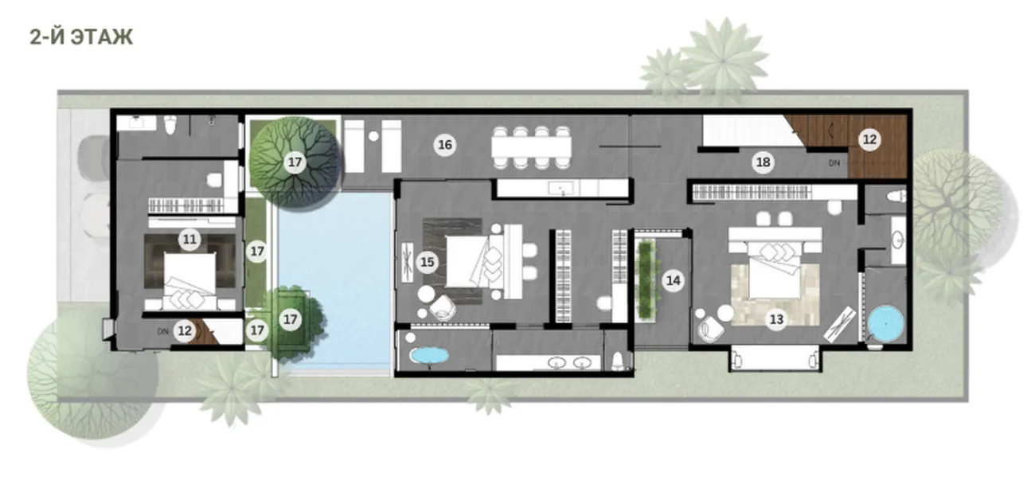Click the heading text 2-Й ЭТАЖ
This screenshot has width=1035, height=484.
coord(81,37)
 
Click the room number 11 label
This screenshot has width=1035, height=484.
coord(189,240)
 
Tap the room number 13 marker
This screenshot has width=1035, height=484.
coord(776,319)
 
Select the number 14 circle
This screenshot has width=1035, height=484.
coord(674,280)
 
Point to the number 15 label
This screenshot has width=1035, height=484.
coord(427,263)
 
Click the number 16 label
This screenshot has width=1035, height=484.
coord(444,145)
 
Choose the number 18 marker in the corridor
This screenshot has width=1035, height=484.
coord(763,162)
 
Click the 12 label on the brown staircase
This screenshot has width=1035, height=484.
coord(869,139)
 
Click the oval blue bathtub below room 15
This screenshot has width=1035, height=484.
coord(429,356)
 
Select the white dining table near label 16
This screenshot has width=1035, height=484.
coord(531,147)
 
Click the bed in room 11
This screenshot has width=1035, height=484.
coord(190,281)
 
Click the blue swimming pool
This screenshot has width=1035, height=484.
coord(338,282)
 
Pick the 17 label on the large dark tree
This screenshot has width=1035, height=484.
coord(295,162)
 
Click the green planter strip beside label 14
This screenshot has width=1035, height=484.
coord(646,280)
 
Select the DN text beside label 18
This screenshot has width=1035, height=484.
coord(834,163)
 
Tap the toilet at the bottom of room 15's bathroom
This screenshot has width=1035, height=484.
coord(618,361)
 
